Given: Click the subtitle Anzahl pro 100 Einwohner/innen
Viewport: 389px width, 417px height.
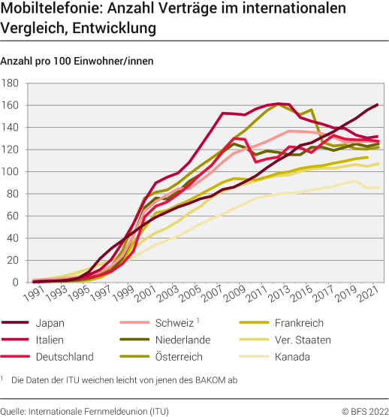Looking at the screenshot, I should tap(77, 62).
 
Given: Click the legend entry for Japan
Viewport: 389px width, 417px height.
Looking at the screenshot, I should tap(49, 324).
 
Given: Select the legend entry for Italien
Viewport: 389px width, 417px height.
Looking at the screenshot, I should tap(49, 340).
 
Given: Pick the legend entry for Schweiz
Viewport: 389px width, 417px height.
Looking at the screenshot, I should tap(175, 324).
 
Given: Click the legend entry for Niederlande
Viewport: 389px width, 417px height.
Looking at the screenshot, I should tap(184, 340).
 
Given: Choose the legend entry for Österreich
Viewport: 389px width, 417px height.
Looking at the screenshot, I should tap(181, 356).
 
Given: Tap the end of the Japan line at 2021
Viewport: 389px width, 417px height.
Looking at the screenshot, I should tap(377, 104).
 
